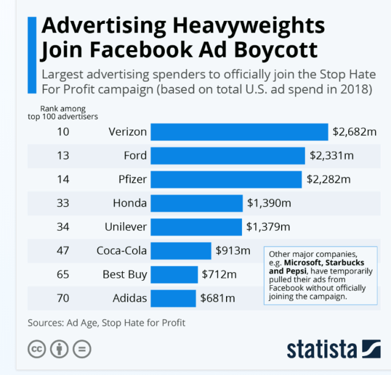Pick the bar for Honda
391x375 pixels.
[x=196, y=203]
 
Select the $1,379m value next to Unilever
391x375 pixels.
[x=268, y=227]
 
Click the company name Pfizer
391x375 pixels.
[x=130, y=179]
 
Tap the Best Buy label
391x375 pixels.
[x=125, y=275]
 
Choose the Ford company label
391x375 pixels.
[x=135, y=155]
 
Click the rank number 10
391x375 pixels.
[x=63, y=132]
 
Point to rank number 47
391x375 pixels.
[x=63, y=251]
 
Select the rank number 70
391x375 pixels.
[x=63, y=299]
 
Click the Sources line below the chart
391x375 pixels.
[x=106, y=322]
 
